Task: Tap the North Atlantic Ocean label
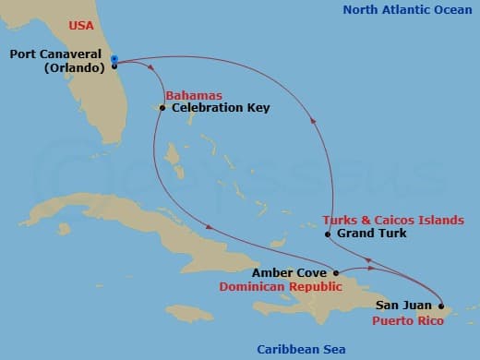pos(408,10)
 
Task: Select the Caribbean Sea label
pos(301,348)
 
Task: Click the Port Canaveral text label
pos(55,54)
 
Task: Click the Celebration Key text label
pos(221,108)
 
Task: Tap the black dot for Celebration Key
pos(162,108)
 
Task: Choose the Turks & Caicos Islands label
pos(393,221)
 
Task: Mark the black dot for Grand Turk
pos(328,234)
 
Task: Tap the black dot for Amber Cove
pos(336,273)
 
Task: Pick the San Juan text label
pos(403,305)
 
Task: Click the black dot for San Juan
pos(441,305)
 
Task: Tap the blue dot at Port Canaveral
pos(114,59)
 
